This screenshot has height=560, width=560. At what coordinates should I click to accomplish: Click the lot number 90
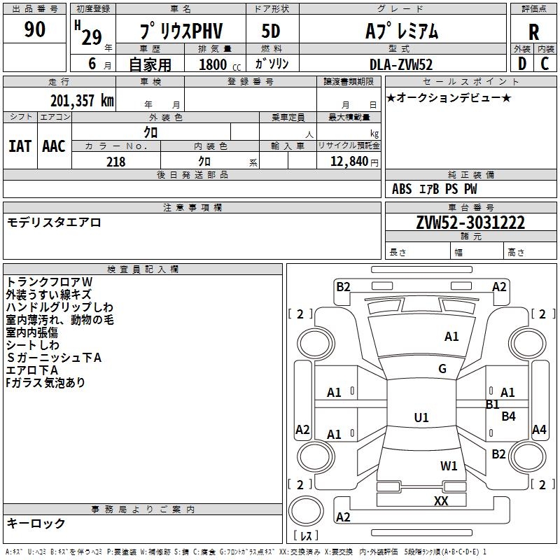[35, 30]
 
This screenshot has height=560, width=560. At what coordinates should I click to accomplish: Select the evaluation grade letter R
[533, 32]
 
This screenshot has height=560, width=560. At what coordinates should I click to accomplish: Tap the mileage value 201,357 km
[82, 101]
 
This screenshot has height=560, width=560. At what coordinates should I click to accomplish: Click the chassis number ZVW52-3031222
[470, 223]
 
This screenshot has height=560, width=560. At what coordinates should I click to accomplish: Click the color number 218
[116, 162]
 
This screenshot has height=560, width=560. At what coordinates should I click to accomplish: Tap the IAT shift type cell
[20, 146]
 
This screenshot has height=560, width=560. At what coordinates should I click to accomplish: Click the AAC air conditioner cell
[53, 146]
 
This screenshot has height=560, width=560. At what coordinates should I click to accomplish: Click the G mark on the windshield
[442, 369]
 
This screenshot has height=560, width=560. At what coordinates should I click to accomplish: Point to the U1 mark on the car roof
[421, 418]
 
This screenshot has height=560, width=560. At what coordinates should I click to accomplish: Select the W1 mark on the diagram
[449, 465]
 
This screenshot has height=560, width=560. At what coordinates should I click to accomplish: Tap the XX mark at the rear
[441, 501]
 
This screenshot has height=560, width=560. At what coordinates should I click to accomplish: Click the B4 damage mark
[509, 416]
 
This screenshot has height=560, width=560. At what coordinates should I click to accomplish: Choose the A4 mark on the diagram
[539, 430]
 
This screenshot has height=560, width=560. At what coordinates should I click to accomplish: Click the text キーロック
[36, 523]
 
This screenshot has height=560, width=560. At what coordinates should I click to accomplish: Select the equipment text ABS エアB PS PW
[435, 189]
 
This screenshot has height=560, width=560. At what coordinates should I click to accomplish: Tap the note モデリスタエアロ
[55, 223]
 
